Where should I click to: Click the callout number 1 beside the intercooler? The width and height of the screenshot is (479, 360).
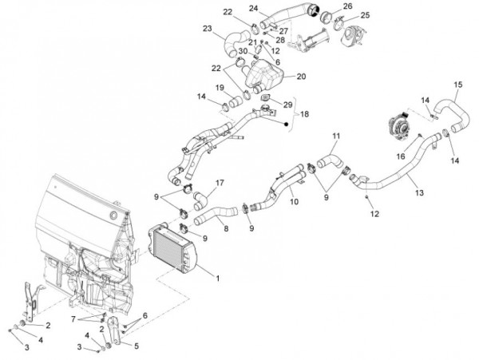pyautogui.click(x=217, y=278)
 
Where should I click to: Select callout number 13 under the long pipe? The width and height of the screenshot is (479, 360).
pyautogui.click(x=419, y=192)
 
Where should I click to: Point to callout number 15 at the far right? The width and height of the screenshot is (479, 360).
pyautogui.click(x=458, y=85)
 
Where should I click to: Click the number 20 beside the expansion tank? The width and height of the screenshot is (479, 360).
pyautogui.click(x=301, y=76)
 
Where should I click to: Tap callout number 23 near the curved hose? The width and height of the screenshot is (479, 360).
pyautogui.click(x=207, y=29)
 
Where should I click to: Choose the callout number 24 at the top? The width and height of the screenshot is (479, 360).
pyautogui.click(x=254, y=8)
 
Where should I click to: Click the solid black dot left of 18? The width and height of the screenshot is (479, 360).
pyautogui.click(x=287, y=124)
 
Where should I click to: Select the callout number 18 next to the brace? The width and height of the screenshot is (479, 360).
pyautogui.click(x=304, y=114)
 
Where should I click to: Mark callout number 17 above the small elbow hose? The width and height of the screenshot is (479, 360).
pyautogui.click(x=220, y=183)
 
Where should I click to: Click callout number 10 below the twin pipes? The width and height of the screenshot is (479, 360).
pyautogui.click(x=294, y=201)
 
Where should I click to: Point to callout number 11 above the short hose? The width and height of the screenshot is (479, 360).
pyautogui.click(x=336, y=136)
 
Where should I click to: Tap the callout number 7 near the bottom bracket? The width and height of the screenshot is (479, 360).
pyautogui.click(x=73, y=319)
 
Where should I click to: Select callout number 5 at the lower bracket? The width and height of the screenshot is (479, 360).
pyautogui.click(x=137, y=346)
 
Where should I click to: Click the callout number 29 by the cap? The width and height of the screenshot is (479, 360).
pyautogui.click(x=287, y=105)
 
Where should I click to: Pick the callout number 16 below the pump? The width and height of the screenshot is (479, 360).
pyautogui.click(x=401, y=156)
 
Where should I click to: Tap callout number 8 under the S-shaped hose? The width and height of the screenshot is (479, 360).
pyautogui.click(x=226, y=228)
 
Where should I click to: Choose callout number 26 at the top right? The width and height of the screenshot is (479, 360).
pyautogui.click(x=347, y=6)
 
